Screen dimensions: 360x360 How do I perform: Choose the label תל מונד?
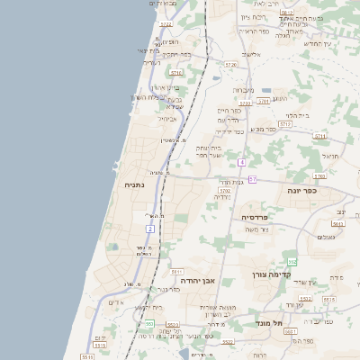tap(268, 322)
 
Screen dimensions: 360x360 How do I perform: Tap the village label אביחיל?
tap(168, 119)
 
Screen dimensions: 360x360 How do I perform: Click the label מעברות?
tap(244, 90)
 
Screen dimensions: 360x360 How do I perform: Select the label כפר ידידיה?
tap(231, 131)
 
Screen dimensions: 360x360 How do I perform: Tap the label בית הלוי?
tap(297, 115)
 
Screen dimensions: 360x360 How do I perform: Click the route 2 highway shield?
tap(150, 229)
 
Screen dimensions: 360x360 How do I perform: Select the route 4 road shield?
tap(242, 162)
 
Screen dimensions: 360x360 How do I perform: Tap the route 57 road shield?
tap(253, 180)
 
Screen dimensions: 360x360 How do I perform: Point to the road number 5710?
tap(175, 72)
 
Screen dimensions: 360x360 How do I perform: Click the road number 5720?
tap(230, 65)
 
